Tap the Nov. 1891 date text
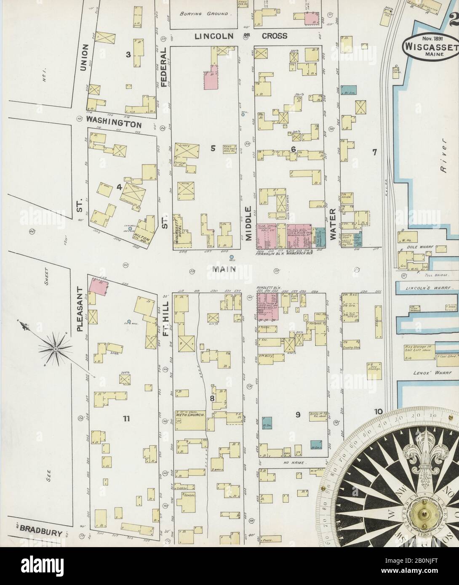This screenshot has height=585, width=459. tap(430, 37)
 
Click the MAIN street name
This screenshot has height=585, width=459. tap(224, 268)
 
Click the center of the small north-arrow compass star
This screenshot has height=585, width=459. tap(55, 349)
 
